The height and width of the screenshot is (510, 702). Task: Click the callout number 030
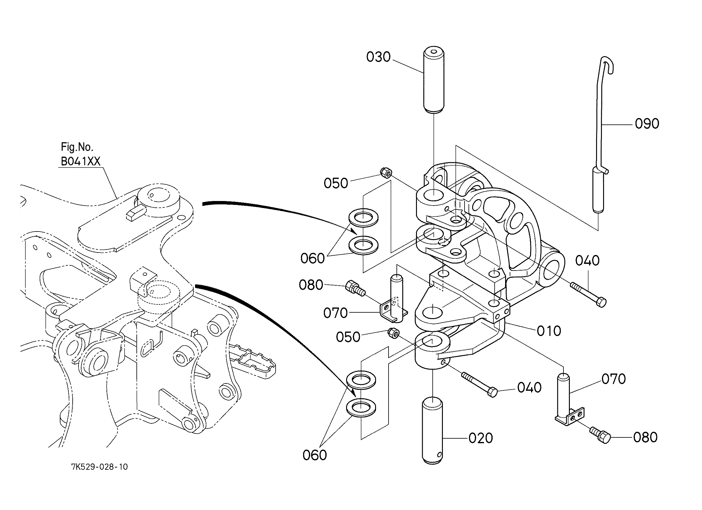tap(378, 57)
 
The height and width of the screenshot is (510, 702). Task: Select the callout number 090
tap(647, 124)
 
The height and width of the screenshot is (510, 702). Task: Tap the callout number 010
tap(549, 331)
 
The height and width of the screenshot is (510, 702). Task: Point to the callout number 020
tap(481, 438)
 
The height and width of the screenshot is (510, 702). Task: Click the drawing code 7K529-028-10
tap(100, 467)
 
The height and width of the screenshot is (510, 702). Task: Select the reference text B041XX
tap(81, 161)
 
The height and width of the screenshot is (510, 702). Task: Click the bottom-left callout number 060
tap(314, 455)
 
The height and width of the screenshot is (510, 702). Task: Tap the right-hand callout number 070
tap(613, 379)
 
